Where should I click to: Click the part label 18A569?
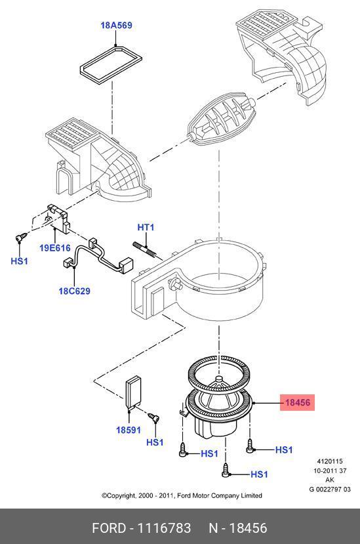pos(116,26)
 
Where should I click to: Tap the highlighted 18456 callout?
pos(297,402)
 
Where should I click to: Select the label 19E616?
pos(55,248)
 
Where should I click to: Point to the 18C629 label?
pos(74,291)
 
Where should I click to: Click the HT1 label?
pos(146,227)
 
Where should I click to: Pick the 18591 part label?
pos(129,430)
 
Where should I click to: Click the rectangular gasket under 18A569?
pos(111,64)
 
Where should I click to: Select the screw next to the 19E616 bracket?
pos(21,238)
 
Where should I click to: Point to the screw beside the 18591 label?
pos(153,417)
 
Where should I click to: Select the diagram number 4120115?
pos(329,461)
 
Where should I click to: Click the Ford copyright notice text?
pos(182,495)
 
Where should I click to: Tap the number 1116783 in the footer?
pos(164,528)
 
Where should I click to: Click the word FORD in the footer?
pos(109,528)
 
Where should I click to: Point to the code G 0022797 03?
pos(330,489)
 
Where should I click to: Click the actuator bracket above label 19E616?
pos(59,218)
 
